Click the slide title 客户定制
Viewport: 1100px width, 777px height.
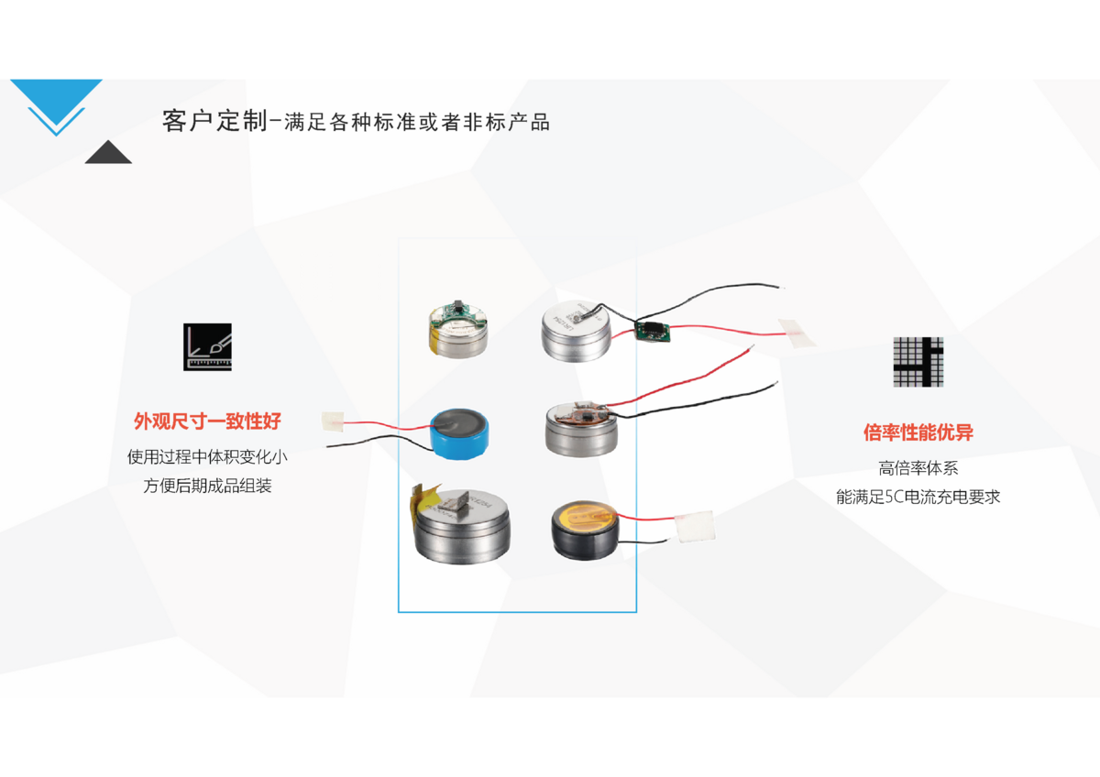coord(214,121)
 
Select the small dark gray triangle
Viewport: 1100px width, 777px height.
coord(108,152)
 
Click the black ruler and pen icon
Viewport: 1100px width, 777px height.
coord(207,346)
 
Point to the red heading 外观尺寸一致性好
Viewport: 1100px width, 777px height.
coord(207,421)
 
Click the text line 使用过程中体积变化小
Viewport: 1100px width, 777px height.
coord(207,456)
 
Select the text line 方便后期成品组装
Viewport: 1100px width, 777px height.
coord(207,486)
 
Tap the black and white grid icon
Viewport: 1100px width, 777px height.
coord(918,362)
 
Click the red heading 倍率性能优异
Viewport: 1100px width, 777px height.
coord(918,432)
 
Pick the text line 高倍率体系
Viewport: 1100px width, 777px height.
coord(918,468)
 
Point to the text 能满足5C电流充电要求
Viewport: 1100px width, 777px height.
coord(918,498)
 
